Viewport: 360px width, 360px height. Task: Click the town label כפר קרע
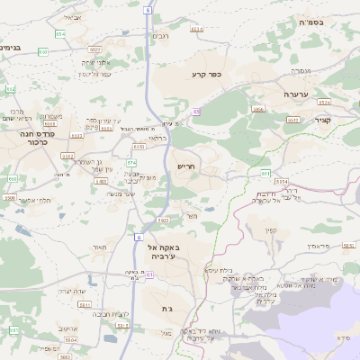pyautogui.click(x=206, y=75)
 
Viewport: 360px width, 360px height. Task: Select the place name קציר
pyautogui.click(x=322, y=120)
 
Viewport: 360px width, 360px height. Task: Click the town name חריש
pyautogui.click(x=186, y=166)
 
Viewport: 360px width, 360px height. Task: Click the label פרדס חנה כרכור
pyautogui.click(x=36, y=137)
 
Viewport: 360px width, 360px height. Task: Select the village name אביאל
pyautogui.click(x=72, y=18)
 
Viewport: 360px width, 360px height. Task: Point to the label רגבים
pyautogui.click(x=159, y=36)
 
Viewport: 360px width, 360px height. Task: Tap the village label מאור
pyautogui.click(x=100, y=247)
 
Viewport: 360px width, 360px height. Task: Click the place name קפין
pyautogui.click(x=271, y=229)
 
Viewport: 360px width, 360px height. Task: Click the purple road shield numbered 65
pyautogui.click(x=195, y=112)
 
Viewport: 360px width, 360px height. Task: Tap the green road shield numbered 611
pyautogui.click(x=265, y=173)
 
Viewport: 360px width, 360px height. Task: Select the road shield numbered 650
pyautogui.click(x=43, y=51)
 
